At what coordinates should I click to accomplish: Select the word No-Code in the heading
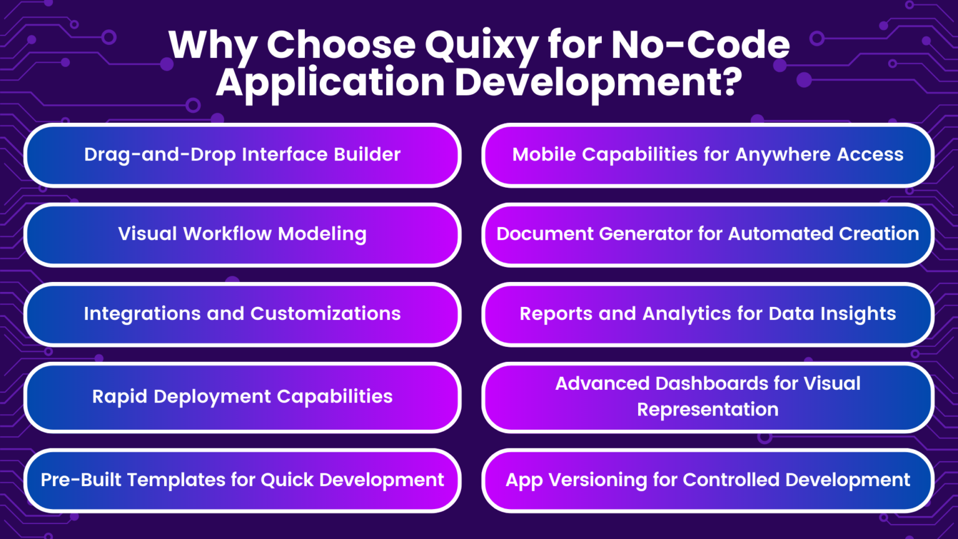(700, 45)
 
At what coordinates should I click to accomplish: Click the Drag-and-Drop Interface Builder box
(242, 155)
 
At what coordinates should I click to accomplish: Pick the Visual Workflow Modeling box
(242, 234)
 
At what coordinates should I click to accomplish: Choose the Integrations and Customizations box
(242, 314)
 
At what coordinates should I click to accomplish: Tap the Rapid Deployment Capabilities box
(242, 397)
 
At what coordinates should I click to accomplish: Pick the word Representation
(707, 410)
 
